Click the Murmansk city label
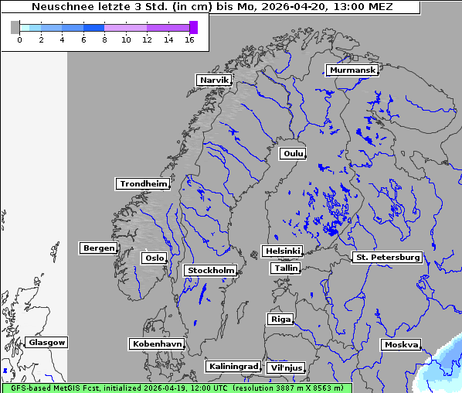pos(352,70)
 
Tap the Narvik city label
pos(214,80)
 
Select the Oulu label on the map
pos(293,153)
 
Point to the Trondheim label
pos(143,184)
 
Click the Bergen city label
pos(97,248)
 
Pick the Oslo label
pos(154,258)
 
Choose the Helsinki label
pos(282,251)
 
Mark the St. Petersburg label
pos(387,257)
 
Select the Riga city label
pos(280,319)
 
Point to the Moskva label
pos(401,344)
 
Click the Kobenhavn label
pos(157,343)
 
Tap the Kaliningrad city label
pos(233,366)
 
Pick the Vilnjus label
pos(285,367)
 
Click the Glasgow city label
pos(47,342)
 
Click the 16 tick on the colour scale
pos(189,39)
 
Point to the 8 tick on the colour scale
pos(104,39)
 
